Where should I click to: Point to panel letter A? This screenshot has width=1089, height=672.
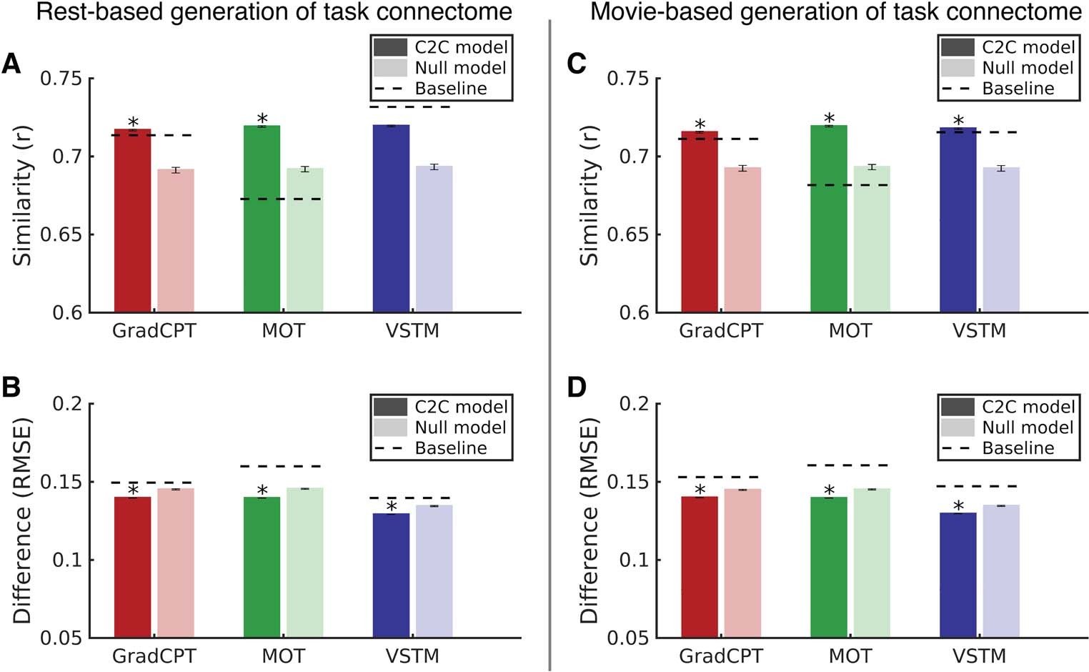click(x=11, y=64)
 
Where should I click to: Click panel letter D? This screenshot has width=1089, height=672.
click(x=577, y=387)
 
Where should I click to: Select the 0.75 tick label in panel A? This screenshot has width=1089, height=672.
click(x=61, y=78)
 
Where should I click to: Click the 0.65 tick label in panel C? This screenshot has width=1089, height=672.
click(x=628, y=234)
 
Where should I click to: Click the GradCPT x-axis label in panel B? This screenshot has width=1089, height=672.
click(x=154, y=656)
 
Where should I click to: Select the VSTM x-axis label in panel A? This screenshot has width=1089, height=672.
click(x=412, y=331)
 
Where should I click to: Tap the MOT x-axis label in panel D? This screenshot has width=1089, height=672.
click(x=850, y=656)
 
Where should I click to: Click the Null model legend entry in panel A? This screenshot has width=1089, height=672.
click(x=460, y=68)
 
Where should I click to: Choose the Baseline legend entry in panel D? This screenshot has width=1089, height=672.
click(x=1018, y=448)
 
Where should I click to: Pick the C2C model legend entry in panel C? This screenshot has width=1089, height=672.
click(x=1028, y=47)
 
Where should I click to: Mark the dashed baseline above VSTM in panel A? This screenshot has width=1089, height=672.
click(x=412, y=107)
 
